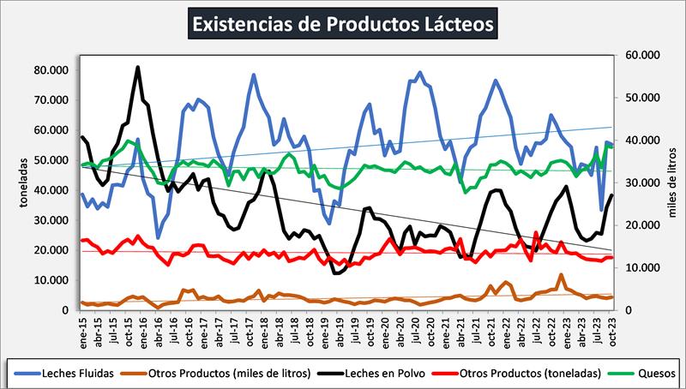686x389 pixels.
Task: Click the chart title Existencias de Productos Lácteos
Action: point(343,23)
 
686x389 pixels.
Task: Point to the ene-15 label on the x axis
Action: point(82,329)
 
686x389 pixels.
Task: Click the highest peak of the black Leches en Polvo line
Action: point(138,67)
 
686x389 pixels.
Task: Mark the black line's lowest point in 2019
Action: point(335,272)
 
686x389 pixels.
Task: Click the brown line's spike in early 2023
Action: point(561,275)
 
